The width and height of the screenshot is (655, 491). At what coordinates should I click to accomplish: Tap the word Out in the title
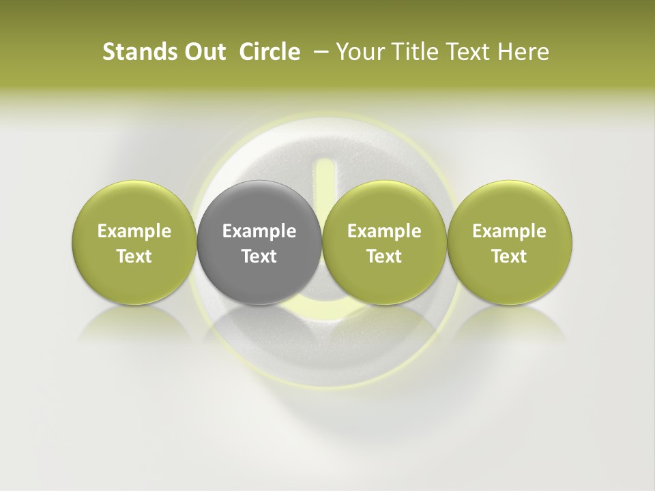pos(203,52)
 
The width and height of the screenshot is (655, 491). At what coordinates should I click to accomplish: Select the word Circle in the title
pos(270,52)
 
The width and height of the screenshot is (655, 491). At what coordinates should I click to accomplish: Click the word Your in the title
pos(356,52)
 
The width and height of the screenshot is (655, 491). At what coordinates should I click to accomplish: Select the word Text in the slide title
pos(458,52)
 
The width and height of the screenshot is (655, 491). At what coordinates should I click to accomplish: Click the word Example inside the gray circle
pos(259,231)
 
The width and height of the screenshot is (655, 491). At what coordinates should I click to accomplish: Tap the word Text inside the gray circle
pos(259,256)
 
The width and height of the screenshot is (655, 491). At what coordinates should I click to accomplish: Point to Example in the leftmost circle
pos(134,231)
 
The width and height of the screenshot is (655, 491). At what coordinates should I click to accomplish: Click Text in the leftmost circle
pos(134,256)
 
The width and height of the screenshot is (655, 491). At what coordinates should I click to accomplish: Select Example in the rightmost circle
pos(509,231)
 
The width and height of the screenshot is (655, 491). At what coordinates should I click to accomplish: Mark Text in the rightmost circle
pos(509,256)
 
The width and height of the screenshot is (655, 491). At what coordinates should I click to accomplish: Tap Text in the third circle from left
pos(384,256)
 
